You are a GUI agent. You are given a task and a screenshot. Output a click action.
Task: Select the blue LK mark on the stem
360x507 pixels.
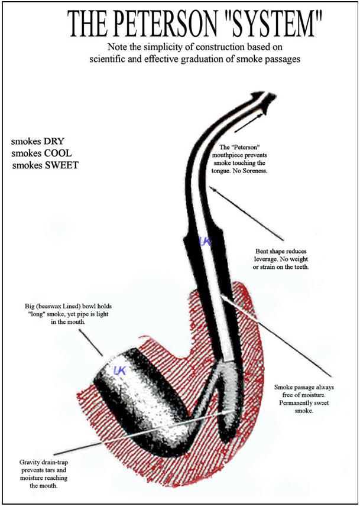[x=206, y=241]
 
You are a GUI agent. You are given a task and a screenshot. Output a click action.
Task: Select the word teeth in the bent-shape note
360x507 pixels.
[x=300, y=268]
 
